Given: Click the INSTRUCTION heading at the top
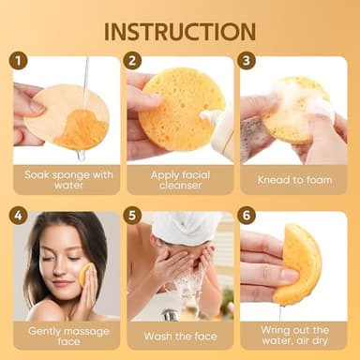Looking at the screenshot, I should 180,30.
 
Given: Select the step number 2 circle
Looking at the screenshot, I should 134,62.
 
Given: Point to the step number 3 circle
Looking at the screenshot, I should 247,62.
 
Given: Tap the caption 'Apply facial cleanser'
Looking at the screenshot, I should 179,179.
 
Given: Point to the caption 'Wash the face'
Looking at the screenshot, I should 179,335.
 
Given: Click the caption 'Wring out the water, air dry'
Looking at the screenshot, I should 292,335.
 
